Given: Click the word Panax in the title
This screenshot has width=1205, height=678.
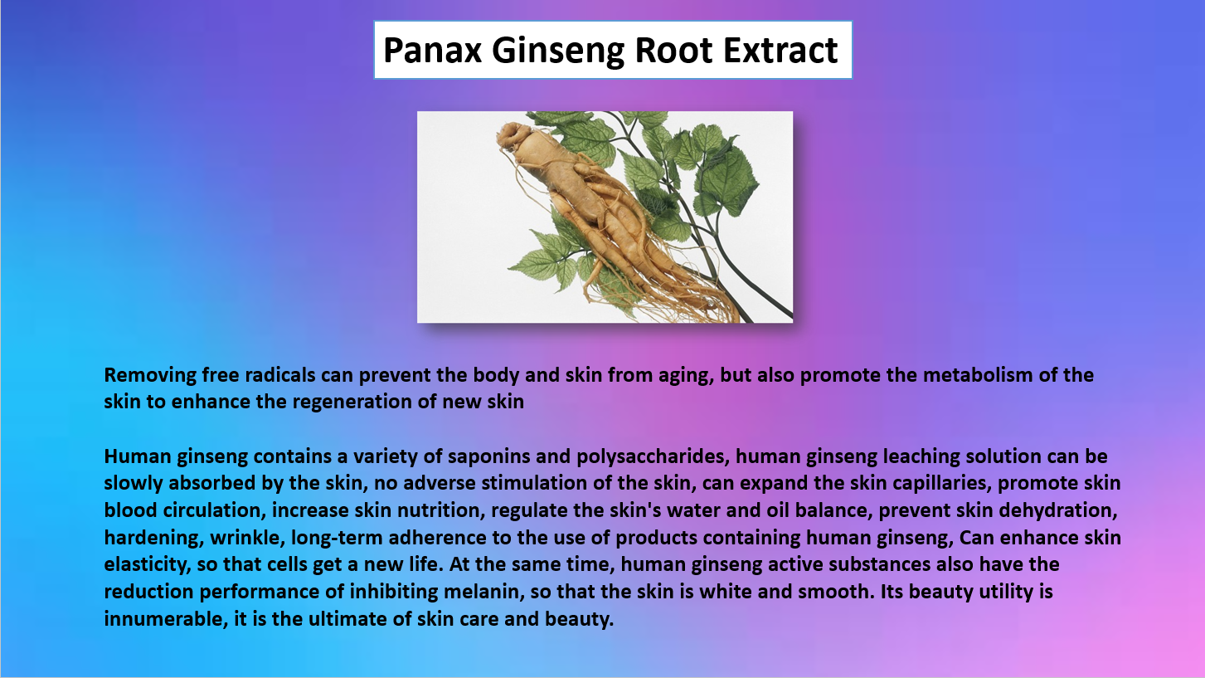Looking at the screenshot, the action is pos(432,50).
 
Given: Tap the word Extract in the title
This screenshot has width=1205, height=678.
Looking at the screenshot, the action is pos(780,50).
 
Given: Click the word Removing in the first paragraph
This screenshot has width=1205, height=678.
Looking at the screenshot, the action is pos(150,376).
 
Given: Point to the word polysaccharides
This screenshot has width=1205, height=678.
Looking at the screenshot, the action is pos(653,456).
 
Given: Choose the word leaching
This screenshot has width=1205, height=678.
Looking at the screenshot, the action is pos(921,456).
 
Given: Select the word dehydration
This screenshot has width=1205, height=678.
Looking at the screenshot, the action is pos(1057,510).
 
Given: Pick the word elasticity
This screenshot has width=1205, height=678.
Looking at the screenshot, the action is pos(148,565).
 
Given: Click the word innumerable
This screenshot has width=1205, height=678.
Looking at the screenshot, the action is pos(166,619).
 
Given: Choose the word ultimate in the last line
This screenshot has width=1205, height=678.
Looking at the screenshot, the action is pos(347,619).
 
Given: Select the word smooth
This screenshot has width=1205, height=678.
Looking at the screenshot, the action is pos(836,592).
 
